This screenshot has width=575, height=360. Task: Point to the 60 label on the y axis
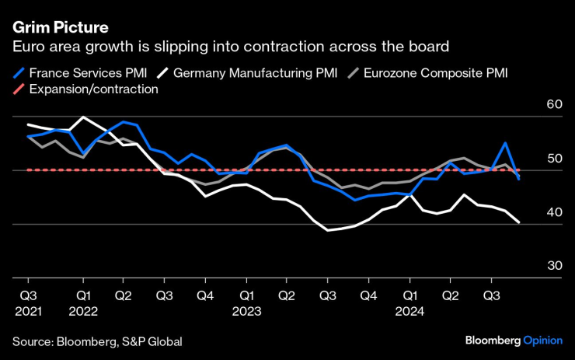(554, 105)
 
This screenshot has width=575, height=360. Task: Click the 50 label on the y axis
(554, 159)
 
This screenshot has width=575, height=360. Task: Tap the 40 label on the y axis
(554, 212)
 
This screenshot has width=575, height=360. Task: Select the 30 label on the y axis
(554, 266)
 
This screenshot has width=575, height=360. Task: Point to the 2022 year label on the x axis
(83, 310)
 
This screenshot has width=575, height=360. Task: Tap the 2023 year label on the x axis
(247, 310)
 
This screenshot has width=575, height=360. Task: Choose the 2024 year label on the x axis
(410, 310)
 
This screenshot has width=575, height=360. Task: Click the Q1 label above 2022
(83, 295)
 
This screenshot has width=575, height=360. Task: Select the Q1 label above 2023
(247, 295)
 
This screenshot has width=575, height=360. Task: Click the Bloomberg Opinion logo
(514, 341)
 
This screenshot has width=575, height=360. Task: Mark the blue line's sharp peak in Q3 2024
(506, 143)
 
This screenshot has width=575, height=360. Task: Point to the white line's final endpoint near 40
(519, 222)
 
